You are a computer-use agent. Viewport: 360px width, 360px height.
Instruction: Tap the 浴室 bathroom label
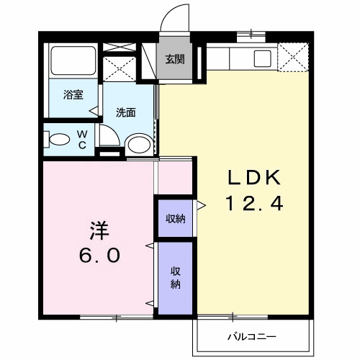[72, 94]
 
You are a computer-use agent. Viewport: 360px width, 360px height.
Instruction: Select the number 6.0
[100, 256]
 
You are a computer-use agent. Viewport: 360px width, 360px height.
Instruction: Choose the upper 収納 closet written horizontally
[175, 219]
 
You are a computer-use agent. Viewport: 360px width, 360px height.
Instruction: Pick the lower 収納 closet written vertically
[175, 277]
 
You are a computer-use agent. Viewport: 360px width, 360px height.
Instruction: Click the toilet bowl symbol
[57, 139]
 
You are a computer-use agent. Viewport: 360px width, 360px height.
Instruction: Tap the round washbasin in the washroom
[138, 144]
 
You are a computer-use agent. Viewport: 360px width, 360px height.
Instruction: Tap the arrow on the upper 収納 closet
[202, 206]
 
